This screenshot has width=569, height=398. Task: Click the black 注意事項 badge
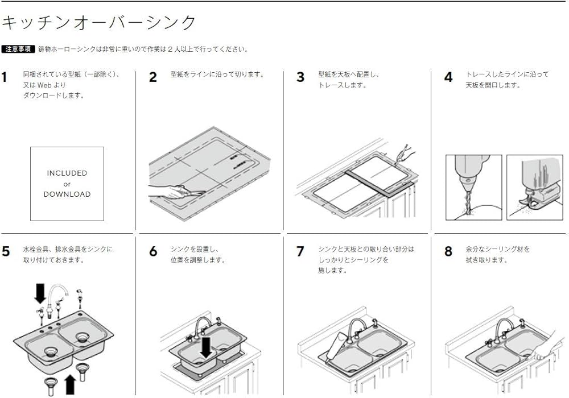pos(19,49)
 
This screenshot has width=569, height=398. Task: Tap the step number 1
pos(5,77)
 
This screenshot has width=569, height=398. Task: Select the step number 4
pos(448,77)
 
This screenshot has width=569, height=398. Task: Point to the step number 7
pos(300,252)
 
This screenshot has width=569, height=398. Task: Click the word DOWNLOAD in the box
pos(67,194)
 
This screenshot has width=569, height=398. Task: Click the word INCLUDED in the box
pos(67,173)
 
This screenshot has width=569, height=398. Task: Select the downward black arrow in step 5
pos(40,293)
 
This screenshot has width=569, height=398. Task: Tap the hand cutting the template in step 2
pos(165,192)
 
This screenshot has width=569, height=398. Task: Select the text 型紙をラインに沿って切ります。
pos(218,74)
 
